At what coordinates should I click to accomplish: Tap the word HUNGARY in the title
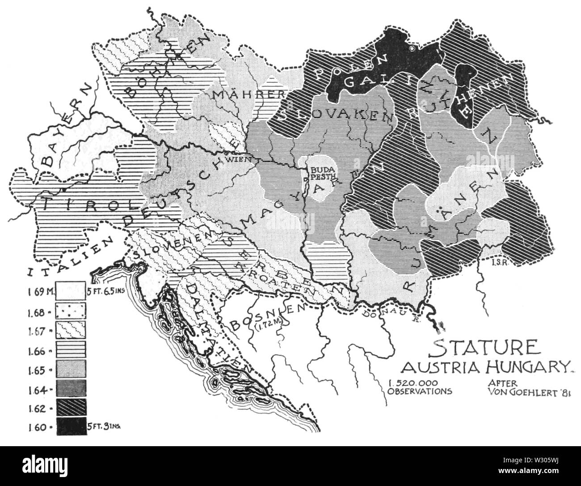coord(521,367)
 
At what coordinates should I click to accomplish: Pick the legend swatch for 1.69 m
coord(71,294)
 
